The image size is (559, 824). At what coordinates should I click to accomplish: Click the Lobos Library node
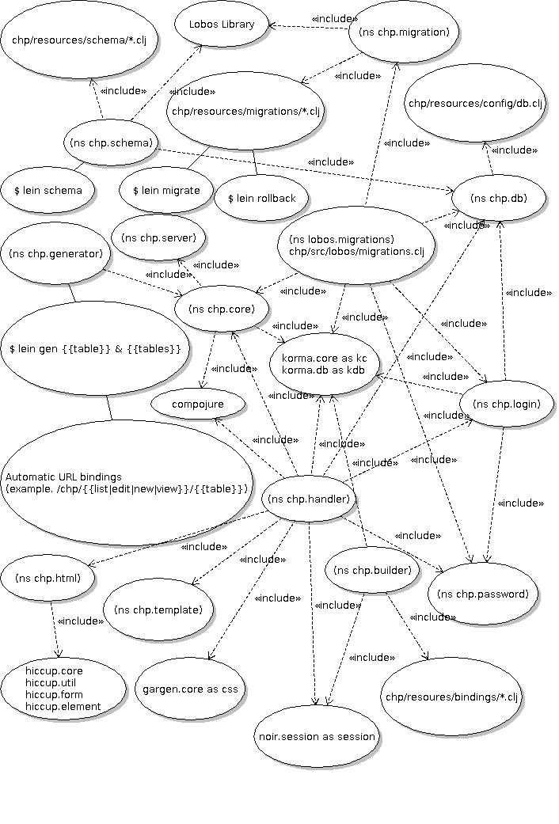222,25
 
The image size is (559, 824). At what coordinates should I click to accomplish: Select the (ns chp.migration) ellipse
405,32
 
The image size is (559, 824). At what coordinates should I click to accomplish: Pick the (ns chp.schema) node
108,143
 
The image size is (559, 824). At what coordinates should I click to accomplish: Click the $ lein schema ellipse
48,190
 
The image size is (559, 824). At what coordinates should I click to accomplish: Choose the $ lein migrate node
166,190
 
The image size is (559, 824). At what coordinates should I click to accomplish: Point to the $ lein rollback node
261,198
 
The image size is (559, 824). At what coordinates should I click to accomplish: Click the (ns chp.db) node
498,197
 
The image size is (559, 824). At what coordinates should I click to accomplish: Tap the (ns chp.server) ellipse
159,237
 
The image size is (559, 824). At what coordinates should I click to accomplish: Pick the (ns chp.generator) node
55,254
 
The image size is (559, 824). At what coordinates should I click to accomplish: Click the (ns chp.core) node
222,309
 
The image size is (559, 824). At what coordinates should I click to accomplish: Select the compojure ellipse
198,404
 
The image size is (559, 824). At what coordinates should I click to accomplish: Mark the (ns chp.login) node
506,404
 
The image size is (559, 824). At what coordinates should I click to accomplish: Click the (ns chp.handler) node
309,499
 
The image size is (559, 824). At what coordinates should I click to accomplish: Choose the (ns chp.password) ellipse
483,594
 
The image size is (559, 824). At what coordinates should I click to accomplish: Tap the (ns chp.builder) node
372,570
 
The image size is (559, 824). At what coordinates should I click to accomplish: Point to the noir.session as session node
317,737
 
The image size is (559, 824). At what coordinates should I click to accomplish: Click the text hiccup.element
63,706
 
